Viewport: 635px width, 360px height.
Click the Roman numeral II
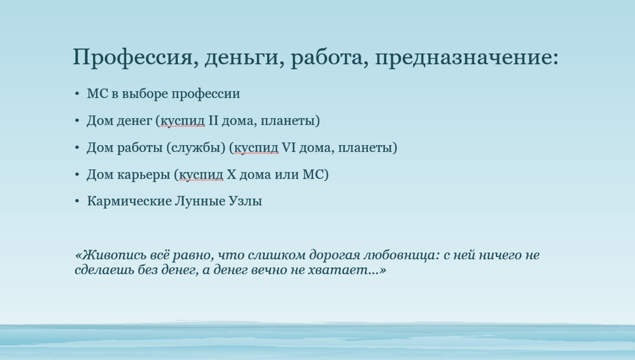tap(213, 120)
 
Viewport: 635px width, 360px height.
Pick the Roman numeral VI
tap(289, 147)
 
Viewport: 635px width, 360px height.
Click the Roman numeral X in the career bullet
tap(231, 174)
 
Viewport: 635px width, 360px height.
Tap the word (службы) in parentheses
tap(196, 148)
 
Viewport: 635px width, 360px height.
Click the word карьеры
tap(144, 175)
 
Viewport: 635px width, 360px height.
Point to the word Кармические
tap(130, 201)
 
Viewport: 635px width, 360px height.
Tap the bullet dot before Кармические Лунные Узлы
tap(77, 201)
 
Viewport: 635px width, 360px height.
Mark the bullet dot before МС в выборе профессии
tap(77, 94)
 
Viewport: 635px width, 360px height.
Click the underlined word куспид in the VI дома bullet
tap(256, 148)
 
